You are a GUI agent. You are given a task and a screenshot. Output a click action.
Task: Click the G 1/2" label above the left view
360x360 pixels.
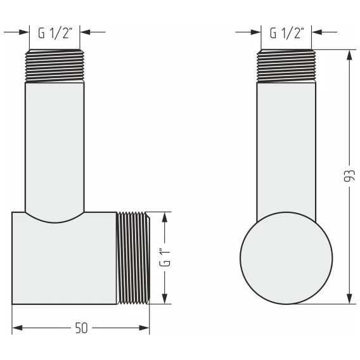55,34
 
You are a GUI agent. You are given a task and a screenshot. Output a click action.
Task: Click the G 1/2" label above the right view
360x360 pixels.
287,34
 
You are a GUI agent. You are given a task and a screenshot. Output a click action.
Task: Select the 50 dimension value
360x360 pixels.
82,328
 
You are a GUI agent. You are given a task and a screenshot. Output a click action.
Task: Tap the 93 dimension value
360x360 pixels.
349,176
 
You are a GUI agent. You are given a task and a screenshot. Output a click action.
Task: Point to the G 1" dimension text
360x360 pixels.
165,257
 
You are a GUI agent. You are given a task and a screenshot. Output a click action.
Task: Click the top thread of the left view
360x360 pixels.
55,66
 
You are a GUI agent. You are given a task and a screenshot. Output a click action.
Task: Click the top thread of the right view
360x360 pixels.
286,66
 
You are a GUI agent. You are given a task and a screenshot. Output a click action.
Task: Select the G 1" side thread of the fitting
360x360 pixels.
133,258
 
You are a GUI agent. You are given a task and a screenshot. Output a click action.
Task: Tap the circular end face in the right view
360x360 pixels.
286,258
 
